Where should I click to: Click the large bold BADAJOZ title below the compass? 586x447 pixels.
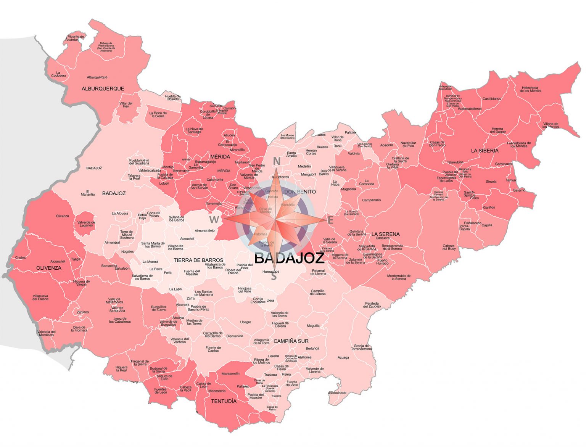point(289,258)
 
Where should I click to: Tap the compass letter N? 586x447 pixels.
point(277,161)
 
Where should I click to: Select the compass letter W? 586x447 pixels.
point(214,220)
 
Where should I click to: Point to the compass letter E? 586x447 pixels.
point(330,220)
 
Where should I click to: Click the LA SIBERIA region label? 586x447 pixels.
point(485,151)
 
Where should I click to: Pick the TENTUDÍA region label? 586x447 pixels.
point(224,401)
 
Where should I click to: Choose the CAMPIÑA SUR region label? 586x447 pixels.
point(291,341)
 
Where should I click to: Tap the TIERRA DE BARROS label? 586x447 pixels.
point(198,260)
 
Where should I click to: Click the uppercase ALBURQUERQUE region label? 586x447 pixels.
point(103,88)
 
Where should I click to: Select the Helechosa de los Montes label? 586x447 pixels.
point(530,89)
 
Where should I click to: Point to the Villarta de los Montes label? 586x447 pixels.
point(551,125)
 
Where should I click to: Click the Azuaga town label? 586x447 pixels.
point(343,357)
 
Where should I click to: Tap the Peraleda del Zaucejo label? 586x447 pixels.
point(372,305)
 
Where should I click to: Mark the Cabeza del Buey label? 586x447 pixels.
point(449,247)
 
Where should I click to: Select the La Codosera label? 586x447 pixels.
point(58,74)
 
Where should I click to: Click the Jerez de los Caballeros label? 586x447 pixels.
point(120,320)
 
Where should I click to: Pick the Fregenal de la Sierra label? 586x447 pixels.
point(140,363)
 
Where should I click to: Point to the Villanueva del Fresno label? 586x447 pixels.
point(40,297)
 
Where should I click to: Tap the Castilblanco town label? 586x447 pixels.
point(492,99)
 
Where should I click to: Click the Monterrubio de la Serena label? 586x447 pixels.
point(399,277)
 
